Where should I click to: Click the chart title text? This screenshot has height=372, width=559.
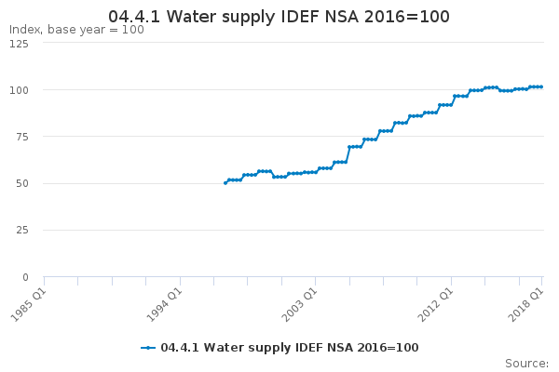click(279, 17)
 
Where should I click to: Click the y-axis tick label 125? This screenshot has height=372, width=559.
click(19, 44)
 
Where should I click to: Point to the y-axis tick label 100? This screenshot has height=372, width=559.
click(19, 90)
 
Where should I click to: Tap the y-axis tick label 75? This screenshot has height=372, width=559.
click(22, 137)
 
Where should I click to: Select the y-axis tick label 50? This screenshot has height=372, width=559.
click(22, 184)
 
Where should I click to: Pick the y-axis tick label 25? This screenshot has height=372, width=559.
click(22, 230)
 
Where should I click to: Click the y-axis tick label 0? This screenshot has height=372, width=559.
click(25, 277)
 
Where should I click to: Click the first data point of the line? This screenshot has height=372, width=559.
click(225, 183)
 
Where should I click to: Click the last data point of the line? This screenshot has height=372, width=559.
click(541, 86)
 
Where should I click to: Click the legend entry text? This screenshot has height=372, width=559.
click(290, 348)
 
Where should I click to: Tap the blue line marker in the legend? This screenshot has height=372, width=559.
click(148, 348)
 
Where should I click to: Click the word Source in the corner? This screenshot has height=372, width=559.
click(525, 364)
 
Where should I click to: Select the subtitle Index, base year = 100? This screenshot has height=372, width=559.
click(76, 30)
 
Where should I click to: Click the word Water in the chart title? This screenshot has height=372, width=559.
click(191, 17)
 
